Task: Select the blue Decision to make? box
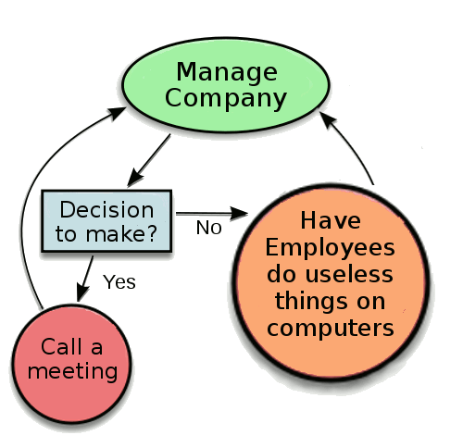click(106, 220)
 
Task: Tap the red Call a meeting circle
click(73, 359)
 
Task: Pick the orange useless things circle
click(331, 275)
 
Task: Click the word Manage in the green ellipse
click(227, 71)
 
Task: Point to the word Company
click(227, 98)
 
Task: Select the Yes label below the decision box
click(119, 281)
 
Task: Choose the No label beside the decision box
click(208, 228)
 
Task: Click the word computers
click(331, 327)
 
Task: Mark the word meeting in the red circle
click(73, 371)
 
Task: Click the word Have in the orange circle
click(331, 222)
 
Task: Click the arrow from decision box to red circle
click(87, 277)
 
